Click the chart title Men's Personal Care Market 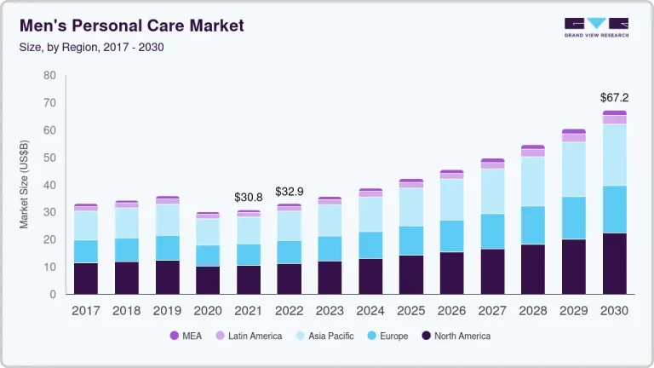click(132, 26)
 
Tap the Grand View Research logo click(596, 27)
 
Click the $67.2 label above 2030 click(614, 98)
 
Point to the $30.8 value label click(248, 197)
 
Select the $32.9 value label click(290, 192)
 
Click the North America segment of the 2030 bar click(614, 263)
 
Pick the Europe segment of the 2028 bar click(532, 225)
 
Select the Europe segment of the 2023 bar click(330, 248)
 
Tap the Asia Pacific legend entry click(324, 336)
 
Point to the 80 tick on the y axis click(49, 76)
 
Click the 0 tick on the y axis click(53, 294)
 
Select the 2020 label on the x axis click(208, 311)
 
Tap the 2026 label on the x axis click(451, 311)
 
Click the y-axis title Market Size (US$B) click(26, 185)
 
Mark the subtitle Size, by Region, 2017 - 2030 click(91, 47)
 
